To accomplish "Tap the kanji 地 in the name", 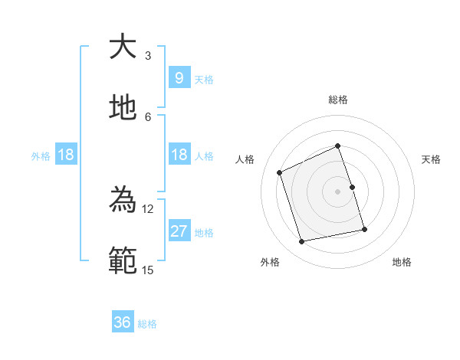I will point(123,107).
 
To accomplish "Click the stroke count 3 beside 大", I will point(147,55).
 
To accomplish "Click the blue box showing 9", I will point(179,77).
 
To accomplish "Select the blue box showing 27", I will point(179,231).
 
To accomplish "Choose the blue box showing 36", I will point(123,322).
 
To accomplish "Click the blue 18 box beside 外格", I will point(66,155).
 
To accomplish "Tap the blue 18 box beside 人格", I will point(179,155).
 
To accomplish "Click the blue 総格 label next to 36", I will point(147,324).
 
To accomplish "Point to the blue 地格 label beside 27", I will point(204,232).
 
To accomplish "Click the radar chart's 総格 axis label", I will point(337,100).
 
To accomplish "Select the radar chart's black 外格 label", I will point(270,262).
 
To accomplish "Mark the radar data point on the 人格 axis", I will point(280,172).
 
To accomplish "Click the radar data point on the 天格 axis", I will point(352,187).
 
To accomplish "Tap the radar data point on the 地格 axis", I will point(364,229).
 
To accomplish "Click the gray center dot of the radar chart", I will point(337,191).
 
